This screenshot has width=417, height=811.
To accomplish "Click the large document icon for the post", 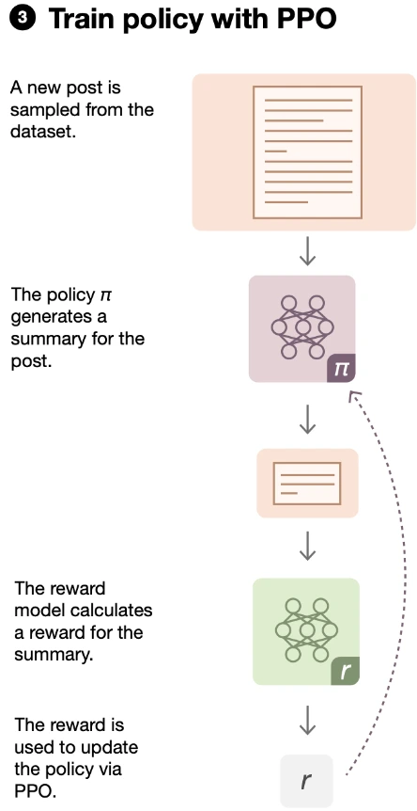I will [304, 151].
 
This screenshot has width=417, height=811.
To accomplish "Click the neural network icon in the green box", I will [301, 628].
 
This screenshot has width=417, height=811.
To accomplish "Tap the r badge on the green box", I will [345, 671].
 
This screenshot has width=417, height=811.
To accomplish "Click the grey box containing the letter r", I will [306, 780].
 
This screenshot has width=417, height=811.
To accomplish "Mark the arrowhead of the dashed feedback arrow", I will [354, 397].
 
